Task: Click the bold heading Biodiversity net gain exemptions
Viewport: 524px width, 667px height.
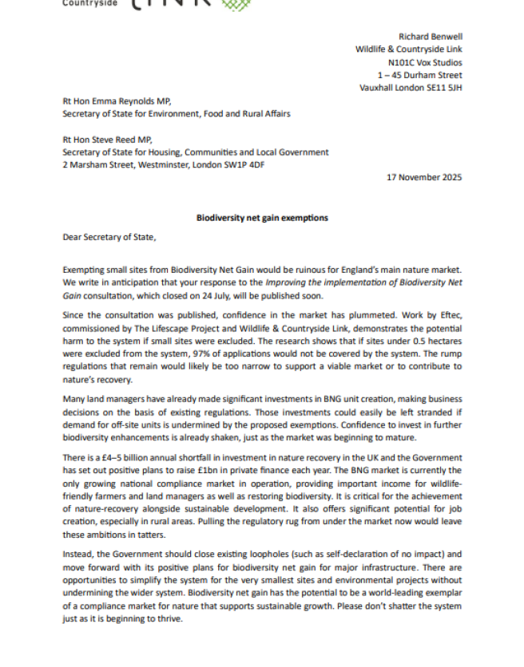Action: pos(262,218)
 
